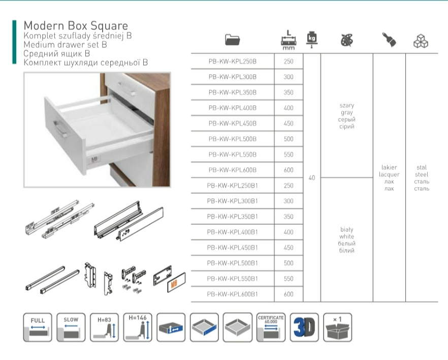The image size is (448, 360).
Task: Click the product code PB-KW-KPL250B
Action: [232, 62]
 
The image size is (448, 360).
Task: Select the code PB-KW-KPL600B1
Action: [232, 294]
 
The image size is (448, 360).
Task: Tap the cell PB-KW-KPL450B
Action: [232, 124]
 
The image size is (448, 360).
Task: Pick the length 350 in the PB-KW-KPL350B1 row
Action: [289, 217]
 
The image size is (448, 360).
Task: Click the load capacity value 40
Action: [312, 178]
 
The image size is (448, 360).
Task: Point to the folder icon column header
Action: [232, 40]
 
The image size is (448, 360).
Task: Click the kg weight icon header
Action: [312, 40]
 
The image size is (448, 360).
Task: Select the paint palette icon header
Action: [347, 40]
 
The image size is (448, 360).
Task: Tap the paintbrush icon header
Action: [389, 40]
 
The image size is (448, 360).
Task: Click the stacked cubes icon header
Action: [421, 41]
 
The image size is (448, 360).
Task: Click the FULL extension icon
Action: [38, 327]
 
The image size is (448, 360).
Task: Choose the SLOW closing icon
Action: [71, 327]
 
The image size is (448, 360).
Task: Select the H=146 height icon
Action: [138, 327]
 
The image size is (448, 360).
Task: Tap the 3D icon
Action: [304, 327]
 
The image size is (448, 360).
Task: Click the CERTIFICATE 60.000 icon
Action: [271, 327]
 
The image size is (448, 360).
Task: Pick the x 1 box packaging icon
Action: [337, 327]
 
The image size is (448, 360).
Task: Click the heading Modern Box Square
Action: [76, 26]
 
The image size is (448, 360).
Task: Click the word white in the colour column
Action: [346, 236]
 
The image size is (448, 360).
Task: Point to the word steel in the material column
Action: [422, 174]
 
